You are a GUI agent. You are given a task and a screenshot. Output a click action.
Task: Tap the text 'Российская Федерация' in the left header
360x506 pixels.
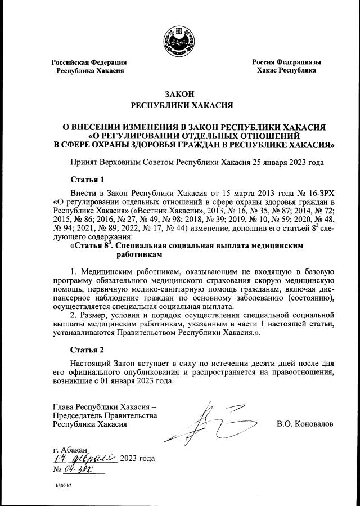89,62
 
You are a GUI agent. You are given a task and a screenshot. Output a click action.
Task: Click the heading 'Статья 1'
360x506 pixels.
87,180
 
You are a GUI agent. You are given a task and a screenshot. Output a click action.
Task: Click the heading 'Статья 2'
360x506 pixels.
87,350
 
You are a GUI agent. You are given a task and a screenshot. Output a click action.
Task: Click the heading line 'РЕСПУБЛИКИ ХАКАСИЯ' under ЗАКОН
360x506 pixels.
179,105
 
